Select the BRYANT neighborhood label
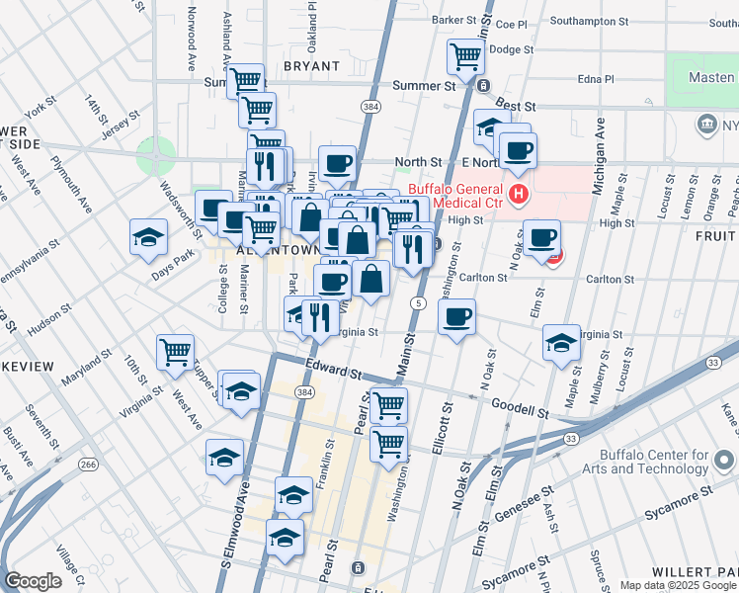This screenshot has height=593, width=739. (311, 66)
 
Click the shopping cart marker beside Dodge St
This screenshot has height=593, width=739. (464, 55)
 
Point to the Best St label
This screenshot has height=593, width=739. (515, 105)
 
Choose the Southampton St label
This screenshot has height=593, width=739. (589, 20)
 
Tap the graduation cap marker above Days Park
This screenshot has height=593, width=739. (148, 237)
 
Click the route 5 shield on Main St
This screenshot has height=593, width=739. (420, 301)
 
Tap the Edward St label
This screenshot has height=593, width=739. (329, 371)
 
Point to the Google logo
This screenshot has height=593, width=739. (33, 581)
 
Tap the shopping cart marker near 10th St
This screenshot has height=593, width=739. (175, 352)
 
